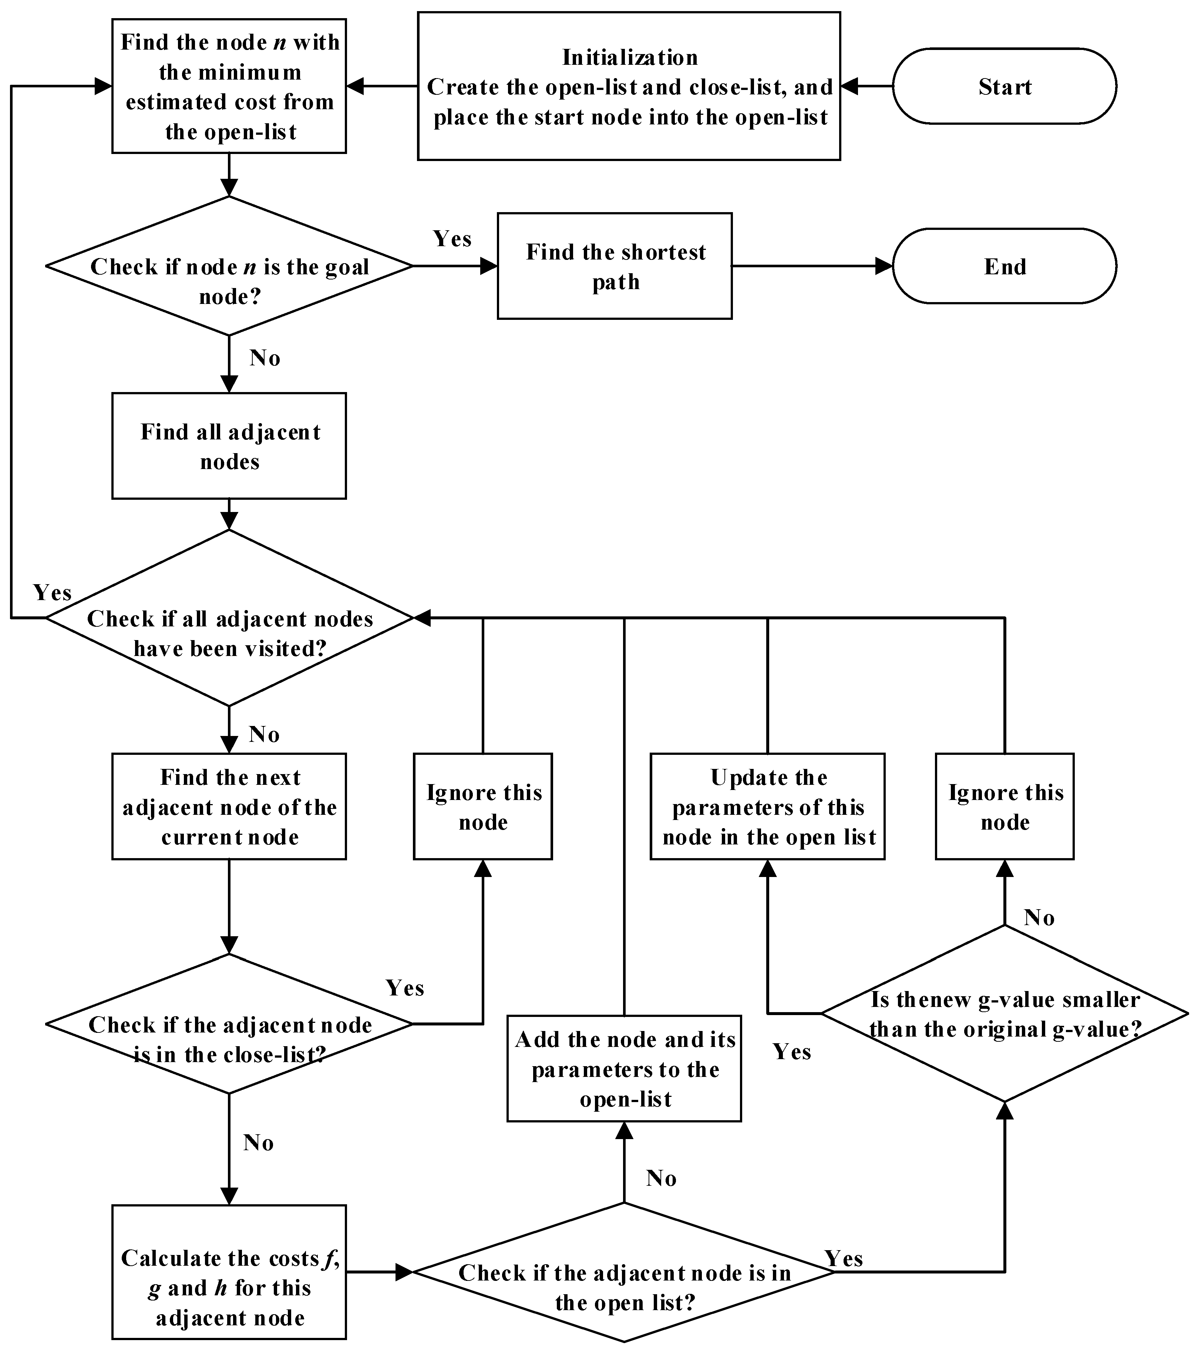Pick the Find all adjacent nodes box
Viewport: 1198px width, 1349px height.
coord(229,446)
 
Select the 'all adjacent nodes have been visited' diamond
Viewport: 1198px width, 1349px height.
coord(229,618)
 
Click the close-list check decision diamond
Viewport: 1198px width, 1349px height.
coord(229,1024)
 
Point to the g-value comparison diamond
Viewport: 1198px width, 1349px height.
coord(1004,1013)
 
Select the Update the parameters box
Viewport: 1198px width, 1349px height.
coord(767,807)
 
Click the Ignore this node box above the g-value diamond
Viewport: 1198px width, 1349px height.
coord(1004,807)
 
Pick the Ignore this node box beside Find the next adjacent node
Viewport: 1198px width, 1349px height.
coord(483,807)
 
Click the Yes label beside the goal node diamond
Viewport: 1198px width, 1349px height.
coord(452,239)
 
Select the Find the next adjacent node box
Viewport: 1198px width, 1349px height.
coord(229,807)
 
